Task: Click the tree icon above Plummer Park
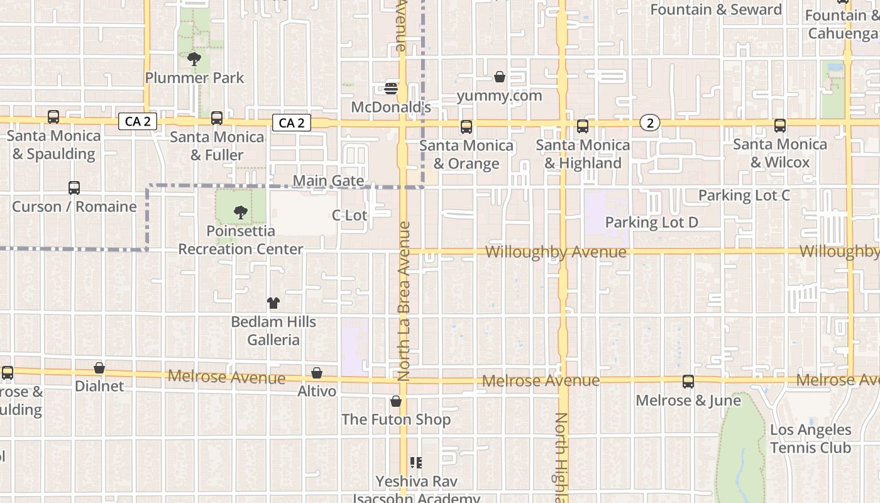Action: pyautogui.click(x=194, y=59)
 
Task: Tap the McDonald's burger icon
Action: pyautogui.click(x=391, y=89)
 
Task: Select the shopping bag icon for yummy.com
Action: pyautogui.click(x=500, y=77)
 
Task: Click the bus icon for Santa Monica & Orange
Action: pyautogui.click(x=466, y=127)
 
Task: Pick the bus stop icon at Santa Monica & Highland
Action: pyautogui.click(x=583, y=126)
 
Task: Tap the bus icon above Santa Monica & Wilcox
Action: pyautogui.click(x=780, y=126)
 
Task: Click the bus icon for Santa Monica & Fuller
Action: pyautogui.click(x=217, y=118)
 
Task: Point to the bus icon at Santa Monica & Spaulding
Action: pyautogui.click(x=53, y=117)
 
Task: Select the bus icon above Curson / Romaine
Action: pyautogui.click(x=74, y=188)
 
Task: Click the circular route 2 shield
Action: pyautogui.click(x=650, y=123)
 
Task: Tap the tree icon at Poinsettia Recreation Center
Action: pyautogui.click(x=240, y=213)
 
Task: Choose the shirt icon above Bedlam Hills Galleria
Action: pyautogui.click(x=273, y=303)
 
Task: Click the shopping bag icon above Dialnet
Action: pyautogui.click(x=99, y=368)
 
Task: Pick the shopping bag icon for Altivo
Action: pyautogui.click(x=317, y=373)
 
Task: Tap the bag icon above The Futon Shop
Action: pyautogui.click(x=396, y=401)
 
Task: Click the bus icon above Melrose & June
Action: pyautogui.click(x=688, y=382)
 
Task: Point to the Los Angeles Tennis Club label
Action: pyautogui.click(x=810, y=439)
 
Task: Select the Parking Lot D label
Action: pyautogui.click(x=651, y=222)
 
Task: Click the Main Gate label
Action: pyautogui.click(x=328, y=181)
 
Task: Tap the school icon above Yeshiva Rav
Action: pyautogui.click(x=415, y=463)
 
